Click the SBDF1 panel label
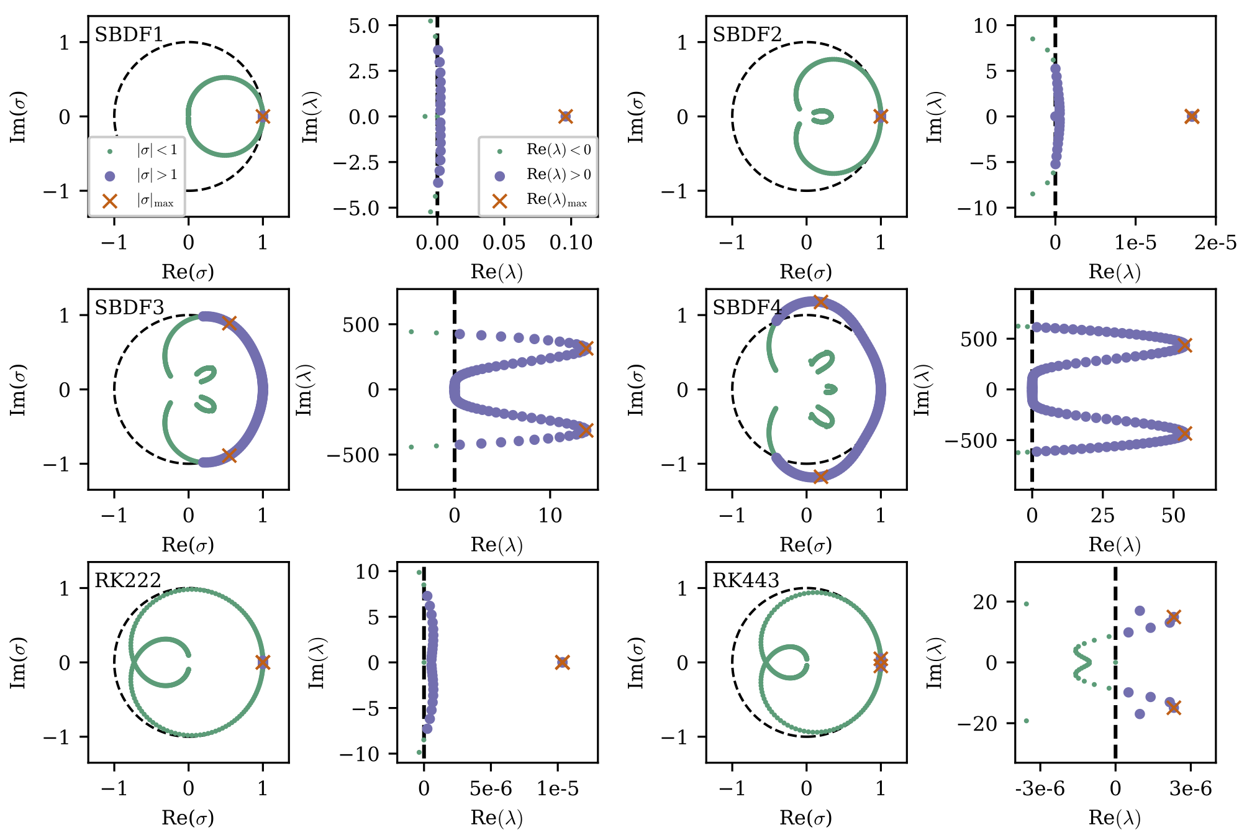click(x=129, y=34)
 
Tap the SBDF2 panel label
click(x=746, y=34)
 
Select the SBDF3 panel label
click(x=129, y=307)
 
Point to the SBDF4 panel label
click(x=747, y=307)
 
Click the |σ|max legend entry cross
click(x=110, y=201)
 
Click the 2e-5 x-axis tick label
click(x=1215, y=243)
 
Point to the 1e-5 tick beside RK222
click(x=558, y=789)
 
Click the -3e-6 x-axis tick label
click(x=1040, y=789)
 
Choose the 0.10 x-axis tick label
click(x=571, y=243)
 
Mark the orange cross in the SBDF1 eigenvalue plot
click(x=565, y=116)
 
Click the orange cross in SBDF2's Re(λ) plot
click(x=1191, y=116)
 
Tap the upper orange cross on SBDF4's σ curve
click(x=820, y=302)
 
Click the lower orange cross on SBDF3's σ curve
click(x=229, y=456)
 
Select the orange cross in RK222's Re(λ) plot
click(x=562, y=662)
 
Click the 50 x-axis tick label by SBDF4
click(x=1173, y=516)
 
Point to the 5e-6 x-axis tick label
click(x=491, y=789)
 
